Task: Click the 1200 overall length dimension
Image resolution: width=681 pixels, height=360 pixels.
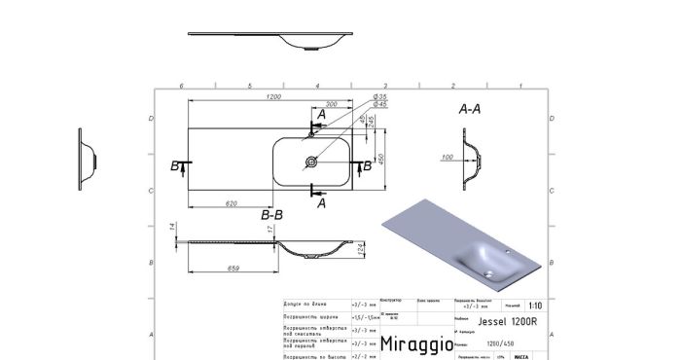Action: tap(274, 98)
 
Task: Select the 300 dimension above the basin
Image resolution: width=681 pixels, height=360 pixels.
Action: tap(332, 104)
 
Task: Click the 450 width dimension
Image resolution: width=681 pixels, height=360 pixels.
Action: tap(381, 159)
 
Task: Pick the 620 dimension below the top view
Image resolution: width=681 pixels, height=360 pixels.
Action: tap(232, 203)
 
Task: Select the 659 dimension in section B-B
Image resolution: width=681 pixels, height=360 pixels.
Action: tap(233, 268)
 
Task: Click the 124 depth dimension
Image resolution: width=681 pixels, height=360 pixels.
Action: tap(362, 251)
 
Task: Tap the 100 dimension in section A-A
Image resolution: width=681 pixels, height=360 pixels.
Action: tap(447, 157)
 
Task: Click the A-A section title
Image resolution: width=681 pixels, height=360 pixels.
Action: tap(469, 109)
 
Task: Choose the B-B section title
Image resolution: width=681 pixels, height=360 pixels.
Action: tap(271, 213)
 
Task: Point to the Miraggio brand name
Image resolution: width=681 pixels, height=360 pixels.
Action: tap(413, 343)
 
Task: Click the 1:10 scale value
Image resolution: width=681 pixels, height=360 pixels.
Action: tap(536, 305)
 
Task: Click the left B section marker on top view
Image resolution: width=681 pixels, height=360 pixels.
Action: tap(175, 166)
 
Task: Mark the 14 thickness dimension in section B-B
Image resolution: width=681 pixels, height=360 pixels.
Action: tap(172, 227)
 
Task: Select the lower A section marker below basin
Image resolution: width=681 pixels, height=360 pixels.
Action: tap(322, 202)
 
